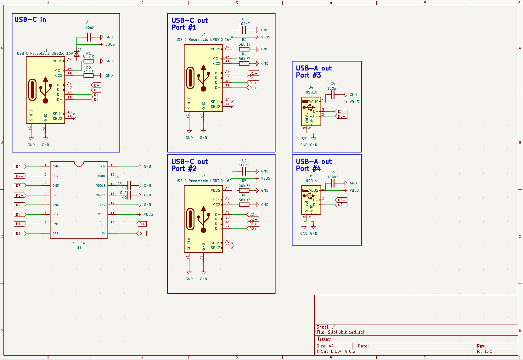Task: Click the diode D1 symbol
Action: (76, 54)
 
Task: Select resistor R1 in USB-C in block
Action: (88, 61)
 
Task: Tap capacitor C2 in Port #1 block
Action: (244, 30)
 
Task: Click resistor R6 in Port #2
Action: (244, 205)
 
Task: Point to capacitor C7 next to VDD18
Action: (129, 185)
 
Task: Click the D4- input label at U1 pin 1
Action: (20, 166)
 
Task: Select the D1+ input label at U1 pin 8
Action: (20, 233)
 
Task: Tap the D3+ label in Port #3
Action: (341, 112)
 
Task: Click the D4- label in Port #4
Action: (341, 205)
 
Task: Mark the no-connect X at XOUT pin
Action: (117, 176)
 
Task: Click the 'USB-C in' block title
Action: (30, 20)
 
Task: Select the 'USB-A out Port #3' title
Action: (313, 72)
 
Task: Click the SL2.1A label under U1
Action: (79, 243)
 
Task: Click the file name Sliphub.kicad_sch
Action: (346, 332)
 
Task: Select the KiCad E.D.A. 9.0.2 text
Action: (336, 351)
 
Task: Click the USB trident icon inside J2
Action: (204, 78)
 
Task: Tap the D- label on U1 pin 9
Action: (142, 233)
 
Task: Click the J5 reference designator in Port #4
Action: (311, 176)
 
